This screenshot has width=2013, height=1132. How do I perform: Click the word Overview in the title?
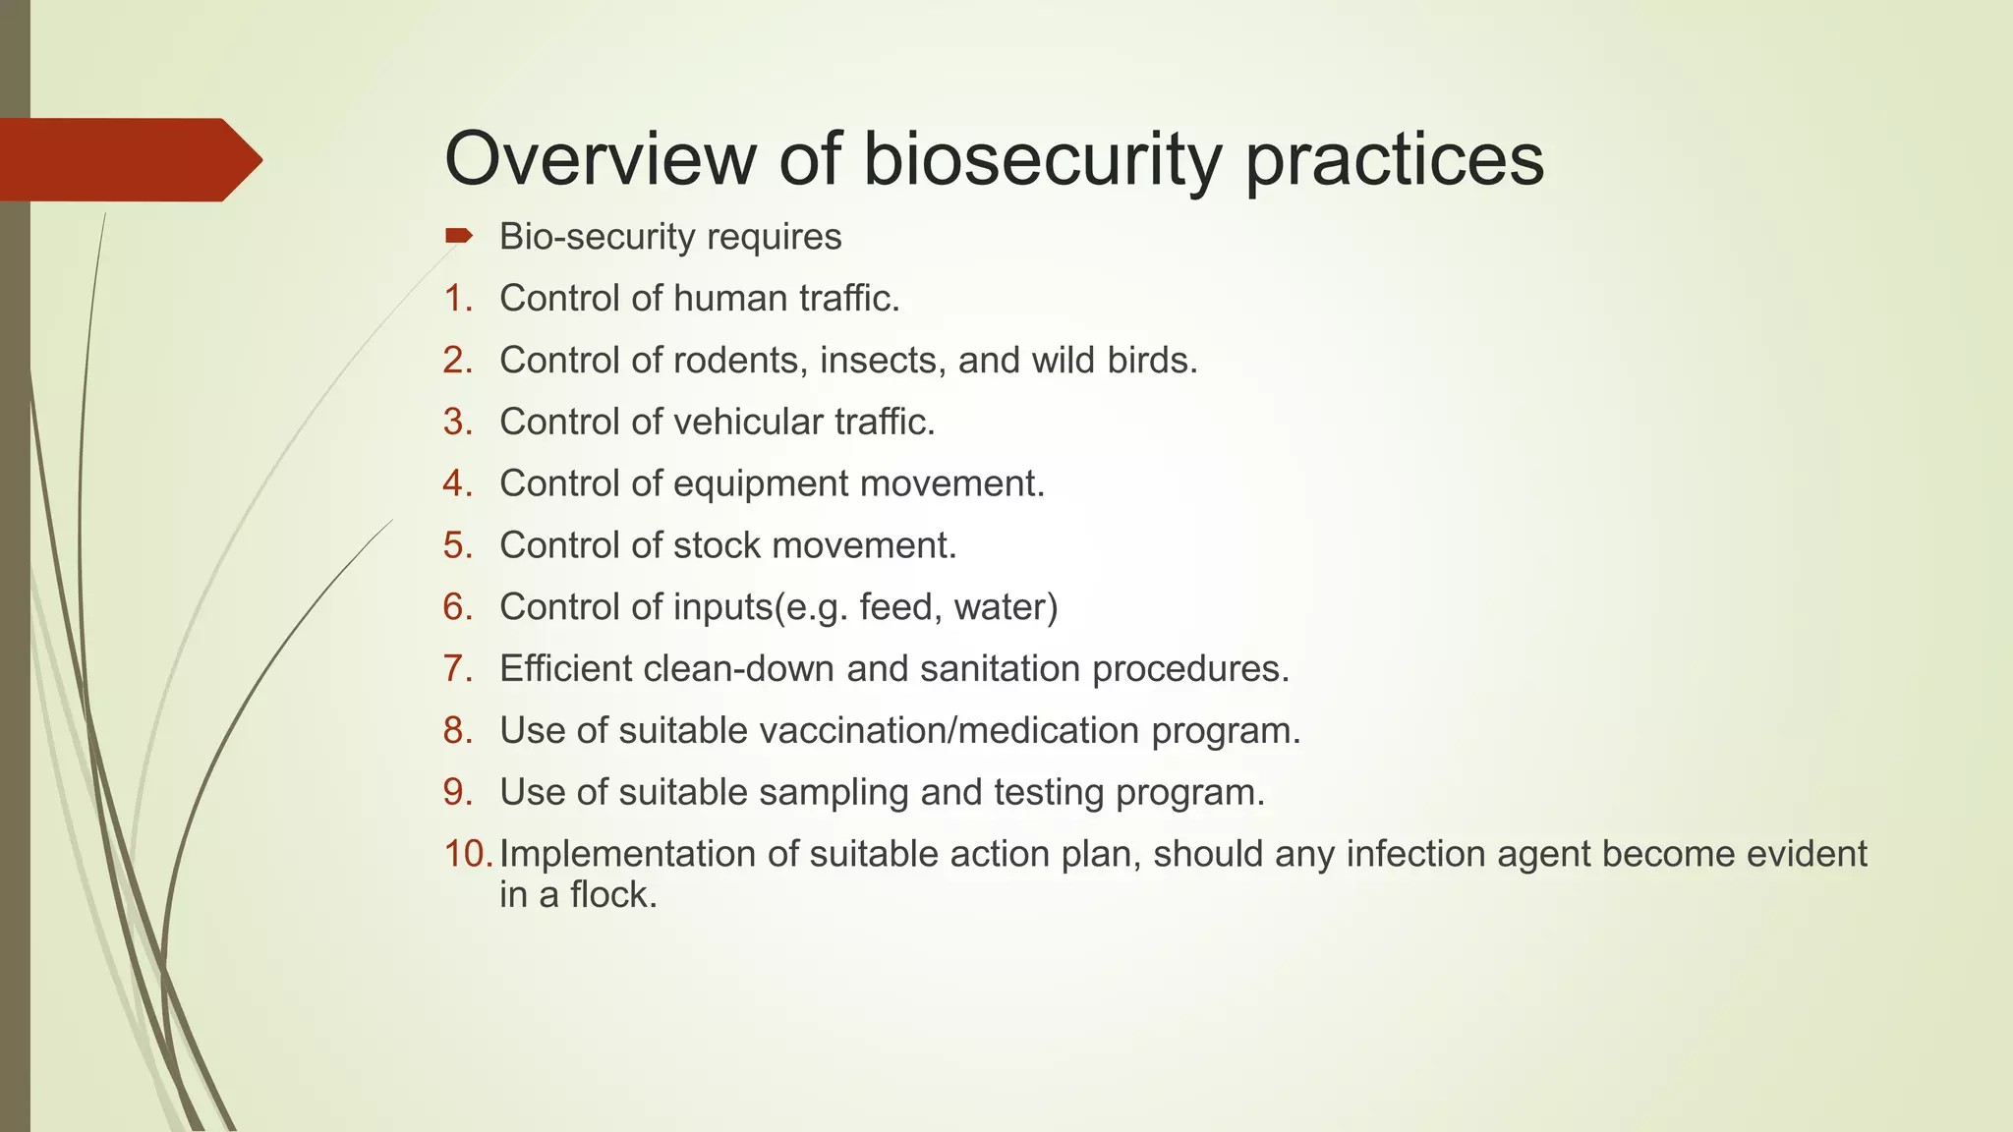600,159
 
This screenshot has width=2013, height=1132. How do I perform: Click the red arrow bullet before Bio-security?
459,236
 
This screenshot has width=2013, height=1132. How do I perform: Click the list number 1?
458,299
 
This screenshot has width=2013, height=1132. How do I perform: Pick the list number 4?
458,483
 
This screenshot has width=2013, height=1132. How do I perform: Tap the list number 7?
458,669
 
